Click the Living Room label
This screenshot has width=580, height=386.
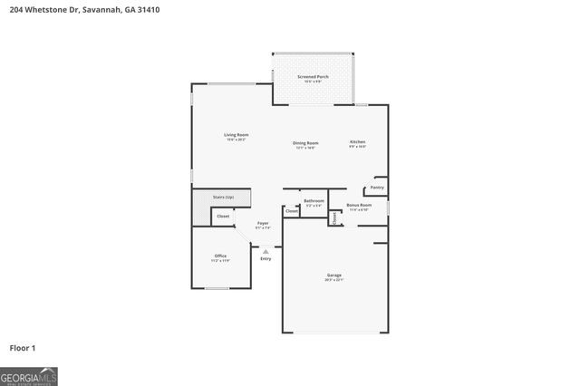pyautogui.click(x=237, y=135)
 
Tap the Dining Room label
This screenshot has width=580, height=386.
pyautogui.click(x=305, y=143)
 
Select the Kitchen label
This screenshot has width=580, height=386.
pyautogui.click(x=358, y=142)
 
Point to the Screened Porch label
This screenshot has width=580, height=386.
pyautogui.click(x=313, y=77)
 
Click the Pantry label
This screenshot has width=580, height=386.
pyautogui.click(x=377, y=188)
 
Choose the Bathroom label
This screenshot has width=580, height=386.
pyautogui.click(x=314, y=200)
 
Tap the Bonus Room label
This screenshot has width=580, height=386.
pyautogui.click(x=360, y=205)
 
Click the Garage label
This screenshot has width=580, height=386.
pyautogui.click(x=334, y=275)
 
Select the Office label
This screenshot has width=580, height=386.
pyautogui.click(x=220, y=256)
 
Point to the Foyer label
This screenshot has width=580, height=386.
pyautogui.click(x=263, y=223)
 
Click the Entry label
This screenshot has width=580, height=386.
pyautogui.click(x=266, y=259)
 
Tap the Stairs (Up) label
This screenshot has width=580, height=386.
pyautogui.click(x=223, y=197)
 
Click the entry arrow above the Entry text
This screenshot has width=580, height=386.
pyautogui.click(x=266, y=251)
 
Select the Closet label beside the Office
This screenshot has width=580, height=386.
pyautogui.click(x=223, y=217)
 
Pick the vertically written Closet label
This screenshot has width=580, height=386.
pyautogui.click(x=334, y=217)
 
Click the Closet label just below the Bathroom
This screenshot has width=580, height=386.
pyautogui.click(x=292, y=211)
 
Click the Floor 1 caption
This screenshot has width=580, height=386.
pyautogui.click(x=22, y=347)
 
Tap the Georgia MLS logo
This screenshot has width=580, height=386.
pyautogui.click(x=29, y=376)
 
